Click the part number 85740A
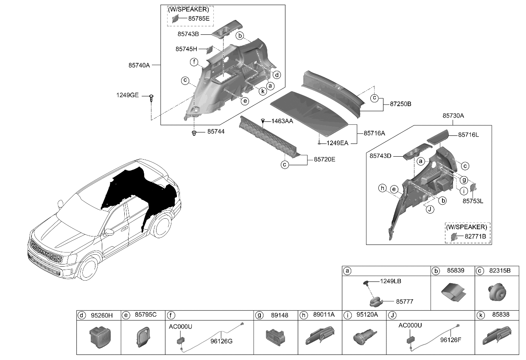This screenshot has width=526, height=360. coord(139,65)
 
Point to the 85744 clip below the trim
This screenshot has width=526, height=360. coord(194,133)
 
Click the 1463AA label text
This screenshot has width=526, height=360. coord(283,121)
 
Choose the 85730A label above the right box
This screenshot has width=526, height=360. coord(453,115)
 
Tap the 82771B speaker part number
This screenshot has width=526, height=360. coord(475,235)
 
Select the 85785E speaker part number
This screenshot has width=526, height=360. coord(199,19)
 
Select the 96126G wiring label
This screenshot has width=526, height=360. coord(221,341)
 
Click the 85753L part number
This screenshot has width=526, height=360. coord(473,201)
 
